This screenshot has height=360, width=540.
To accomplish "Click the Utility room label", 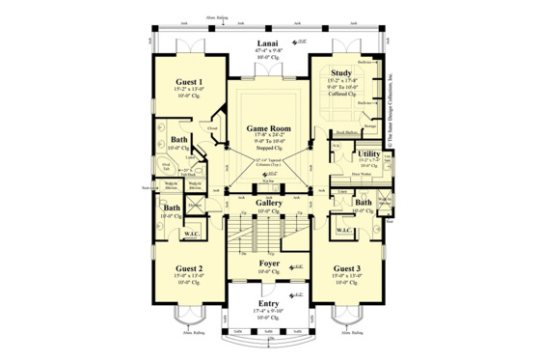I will [x=368, y=153].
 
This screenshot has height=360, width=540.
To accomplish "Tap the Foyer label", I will [x=268, y=262].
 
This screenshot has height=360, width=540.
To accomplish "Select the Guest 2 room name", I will [x=188, y=269].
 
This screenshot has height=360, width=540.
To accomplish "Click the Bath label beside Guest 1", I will [x=179, y=140].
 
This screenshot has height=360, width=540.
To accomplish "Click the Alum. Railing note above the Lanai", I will [x=218, y=17].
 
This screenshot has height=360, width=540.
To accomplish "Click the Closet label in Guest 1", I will [x=211, y=126].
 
